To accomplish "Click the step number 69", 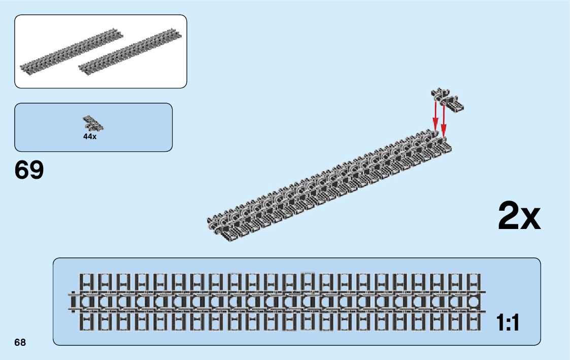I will (29, 170).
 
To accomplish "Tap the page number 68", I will (20, 342).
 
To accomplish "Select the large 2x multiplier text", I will (519, 216).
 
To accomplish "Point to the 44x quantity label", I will (90, 137).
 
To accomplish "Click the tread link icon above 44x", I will (93, 123).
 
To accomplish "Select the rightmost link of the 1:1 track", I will (473, 302).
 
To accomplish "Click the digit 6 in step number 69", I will (22, 170).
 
